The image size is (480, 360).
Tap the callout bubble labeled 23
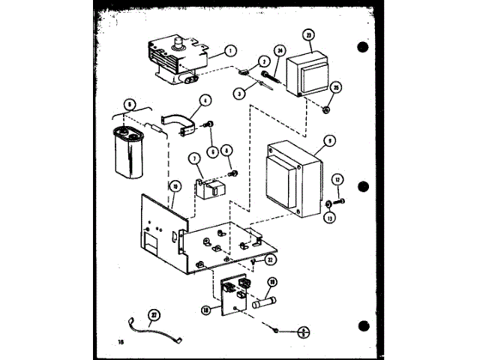[x=307, y=35]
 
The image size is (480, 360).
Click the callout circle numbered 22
[x=271, y=259]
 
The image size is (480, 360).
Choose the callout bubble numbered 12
[x=338, y=181]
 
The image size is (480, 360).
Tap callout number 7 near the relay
[x=193, y=158]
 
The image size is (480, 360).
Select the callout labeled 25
[x=335, y=88]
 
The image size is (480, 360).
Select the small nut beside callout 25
[x=327, y=109]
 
